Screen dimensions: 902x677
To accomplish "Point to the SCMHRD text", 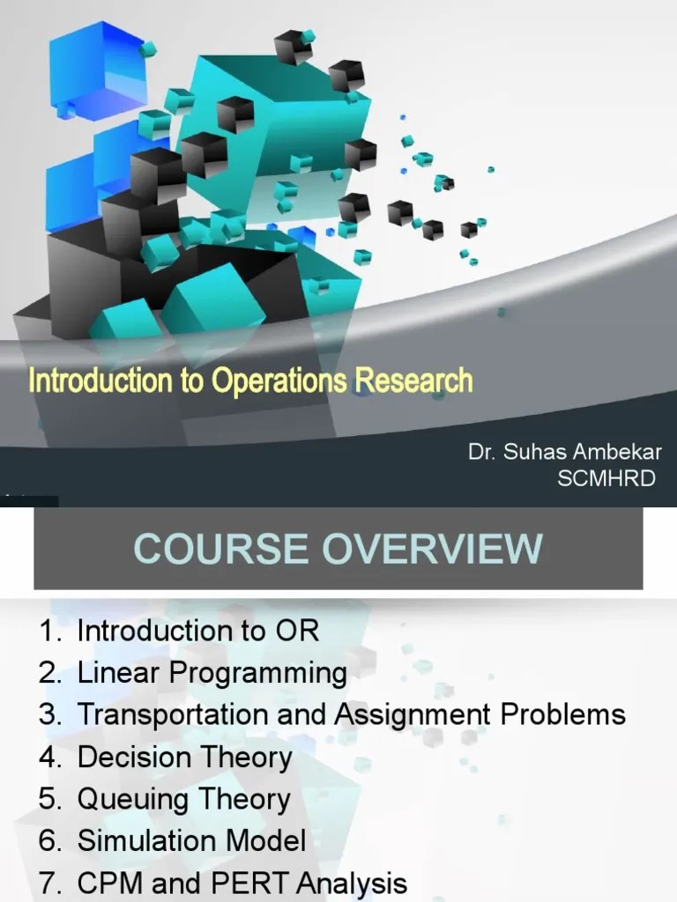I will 608,478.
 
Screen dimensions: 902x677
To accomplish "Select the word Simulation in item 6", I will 142,840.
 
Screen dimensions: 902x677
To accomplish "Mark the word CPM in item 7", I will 108,883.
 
